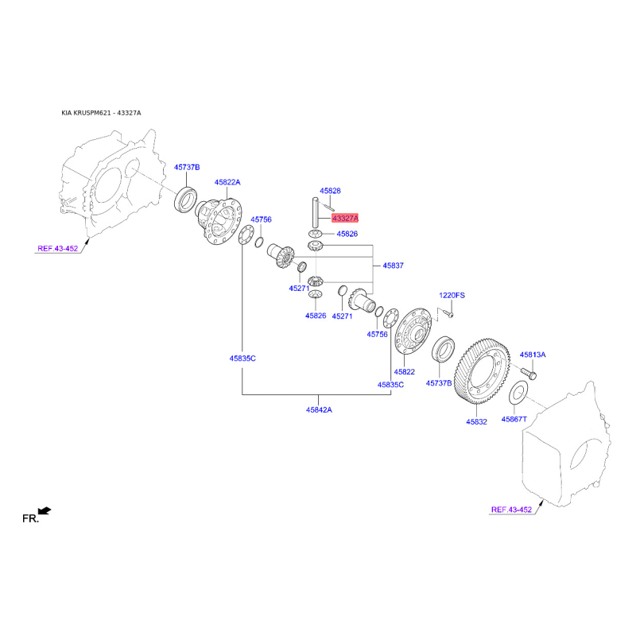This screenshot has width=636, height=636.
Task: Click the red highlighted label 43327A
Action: (345, 218)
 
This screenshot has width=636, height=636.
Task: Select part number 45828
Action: (330, 191)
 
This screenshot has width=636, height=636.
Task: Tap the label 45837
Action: (393, 266)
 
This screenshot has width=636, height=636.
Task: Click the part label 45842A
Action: (319, 409)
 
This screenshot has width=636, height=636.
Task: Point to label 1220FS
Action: (452, 295)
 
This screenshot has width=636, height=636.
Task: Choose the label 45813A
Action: (533, 355)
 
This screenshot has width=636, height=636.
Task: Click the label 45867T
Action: (514, 420)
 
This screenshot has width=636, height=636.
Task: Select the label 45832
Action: (476, 422)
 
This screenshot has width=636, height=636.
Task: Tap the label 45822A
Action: (227, 183)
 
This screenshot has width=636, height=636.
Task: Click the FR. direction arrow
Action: (45, 510)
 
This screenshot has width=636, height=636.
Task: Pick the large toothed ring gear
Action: (482, 371)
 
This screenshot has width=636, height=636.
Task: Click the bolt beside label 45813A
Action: (528, 373)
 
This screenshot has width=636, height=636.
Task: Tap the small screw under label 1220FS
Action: (448, 313)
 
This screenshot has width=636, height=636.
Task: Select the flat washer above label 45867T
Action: (518, 393)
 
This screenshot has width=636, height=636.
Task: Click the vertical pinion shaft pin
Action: (315, 212)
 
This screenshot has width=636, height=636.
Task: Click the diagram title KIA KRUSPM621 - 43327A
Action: (102, 113)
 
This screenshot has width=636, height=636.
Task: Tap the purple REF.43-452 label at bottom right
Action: (511, 510)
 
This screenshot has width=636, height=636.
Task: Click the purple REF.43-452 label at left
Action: (57, 249)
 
